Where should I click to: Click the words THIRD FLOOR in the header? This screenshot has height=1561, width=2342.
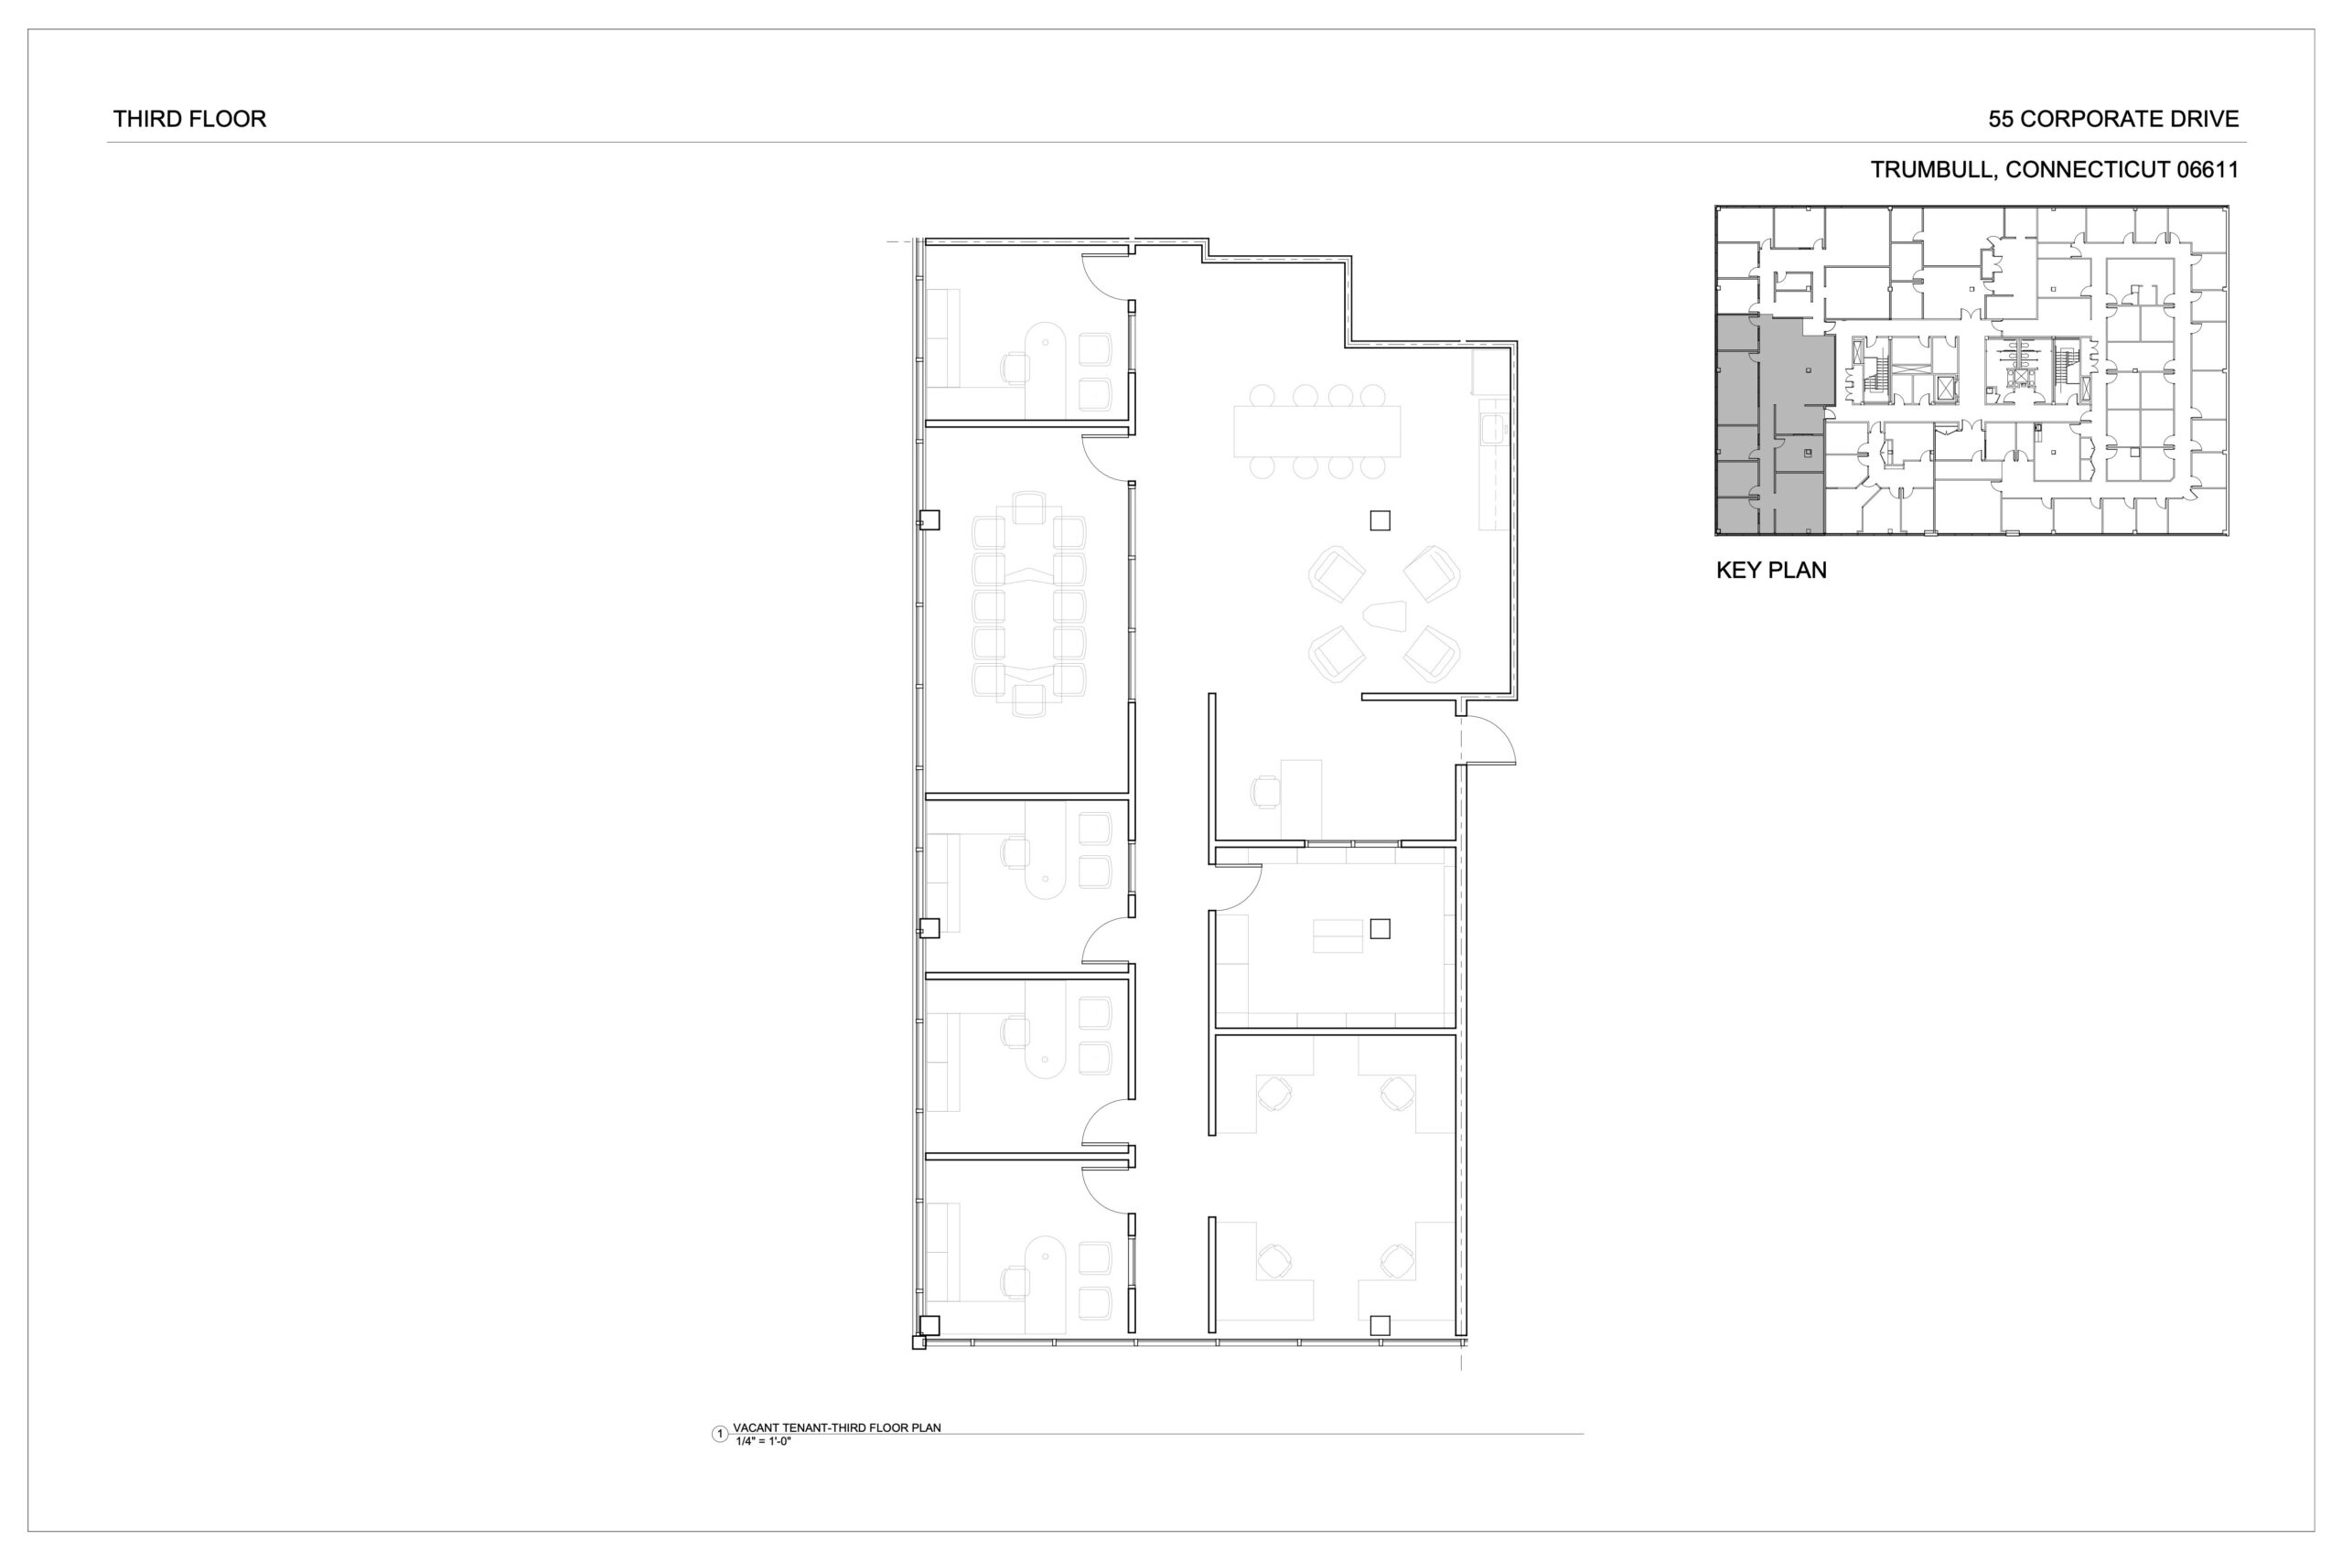(189, 120)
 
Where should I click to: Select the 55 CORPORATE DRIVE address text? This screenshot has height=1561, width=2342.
(2113, 120)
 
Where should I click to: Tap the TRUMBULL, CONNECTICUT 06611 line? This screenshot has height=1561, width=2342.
(2054, 170)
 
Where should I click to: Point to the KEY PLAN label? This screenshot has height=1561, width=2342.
(1771, 571)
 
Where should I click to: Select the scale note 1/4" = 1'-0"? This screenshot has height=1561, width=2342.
(763, 1441)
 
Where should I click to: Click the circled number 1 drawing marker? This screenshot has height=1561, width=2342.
(720, 1435)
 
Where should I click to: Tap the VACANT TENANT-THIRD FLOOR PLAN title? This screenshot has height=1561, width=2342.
(836, 1427)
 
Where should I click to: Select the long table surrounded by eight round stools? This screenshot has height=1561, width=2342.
(1316, 431)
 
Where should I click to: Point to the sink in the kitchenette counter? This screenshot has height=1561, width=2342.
(1493, 429)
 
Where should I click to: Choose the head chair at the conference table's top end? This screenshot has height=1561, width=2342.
(1028, 508)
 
